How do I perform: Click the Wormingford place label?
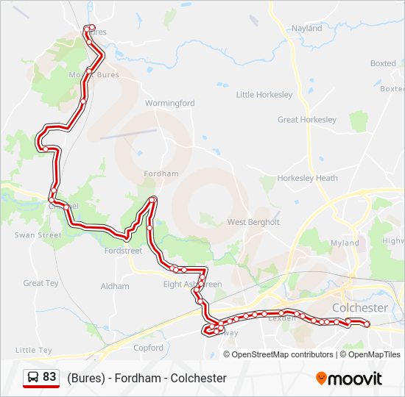pyautogui.click(x=170, y=104)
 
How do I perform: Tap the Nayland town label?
pyautogui.click(x=307, y=29)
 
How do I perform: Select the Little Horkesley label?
pyautogui.click(x=264, y=95)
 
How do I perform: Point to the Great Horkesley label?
pyautogui.click(x=307, y=120)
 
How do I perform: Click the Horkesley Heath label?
pyautogui.click(x=308, y=178)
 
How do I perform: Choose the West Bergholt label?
pyautogui.click(x=253, y=222)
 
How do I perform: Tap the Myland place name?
pyautogui.click(x=345, y=243)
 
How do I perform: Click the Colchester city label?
pyautogui.click(x=360, y=308)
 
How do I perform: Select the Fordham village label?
pyautogui.click(x=162, y=174)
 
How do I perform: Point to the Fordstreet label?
pyautogui.click(x=123, y=251)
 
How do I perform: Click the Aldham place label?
pyautogui.click(x=115, y=286)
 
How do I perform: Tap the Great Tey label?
pyautogui.click(x=40, y=283)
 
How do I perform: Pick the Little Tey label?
pyautogui.click(x=34, y=351)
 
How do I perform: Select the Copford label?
pyautogui.click(x=149, y=348)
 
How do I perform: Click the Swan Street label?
pyautogui.click(x=38, y=235)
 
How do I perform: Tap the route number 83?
pyautogui.click(x=49, y=377)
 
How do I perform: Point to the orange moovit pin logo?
pyautogui.click(x=321, y=379)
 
